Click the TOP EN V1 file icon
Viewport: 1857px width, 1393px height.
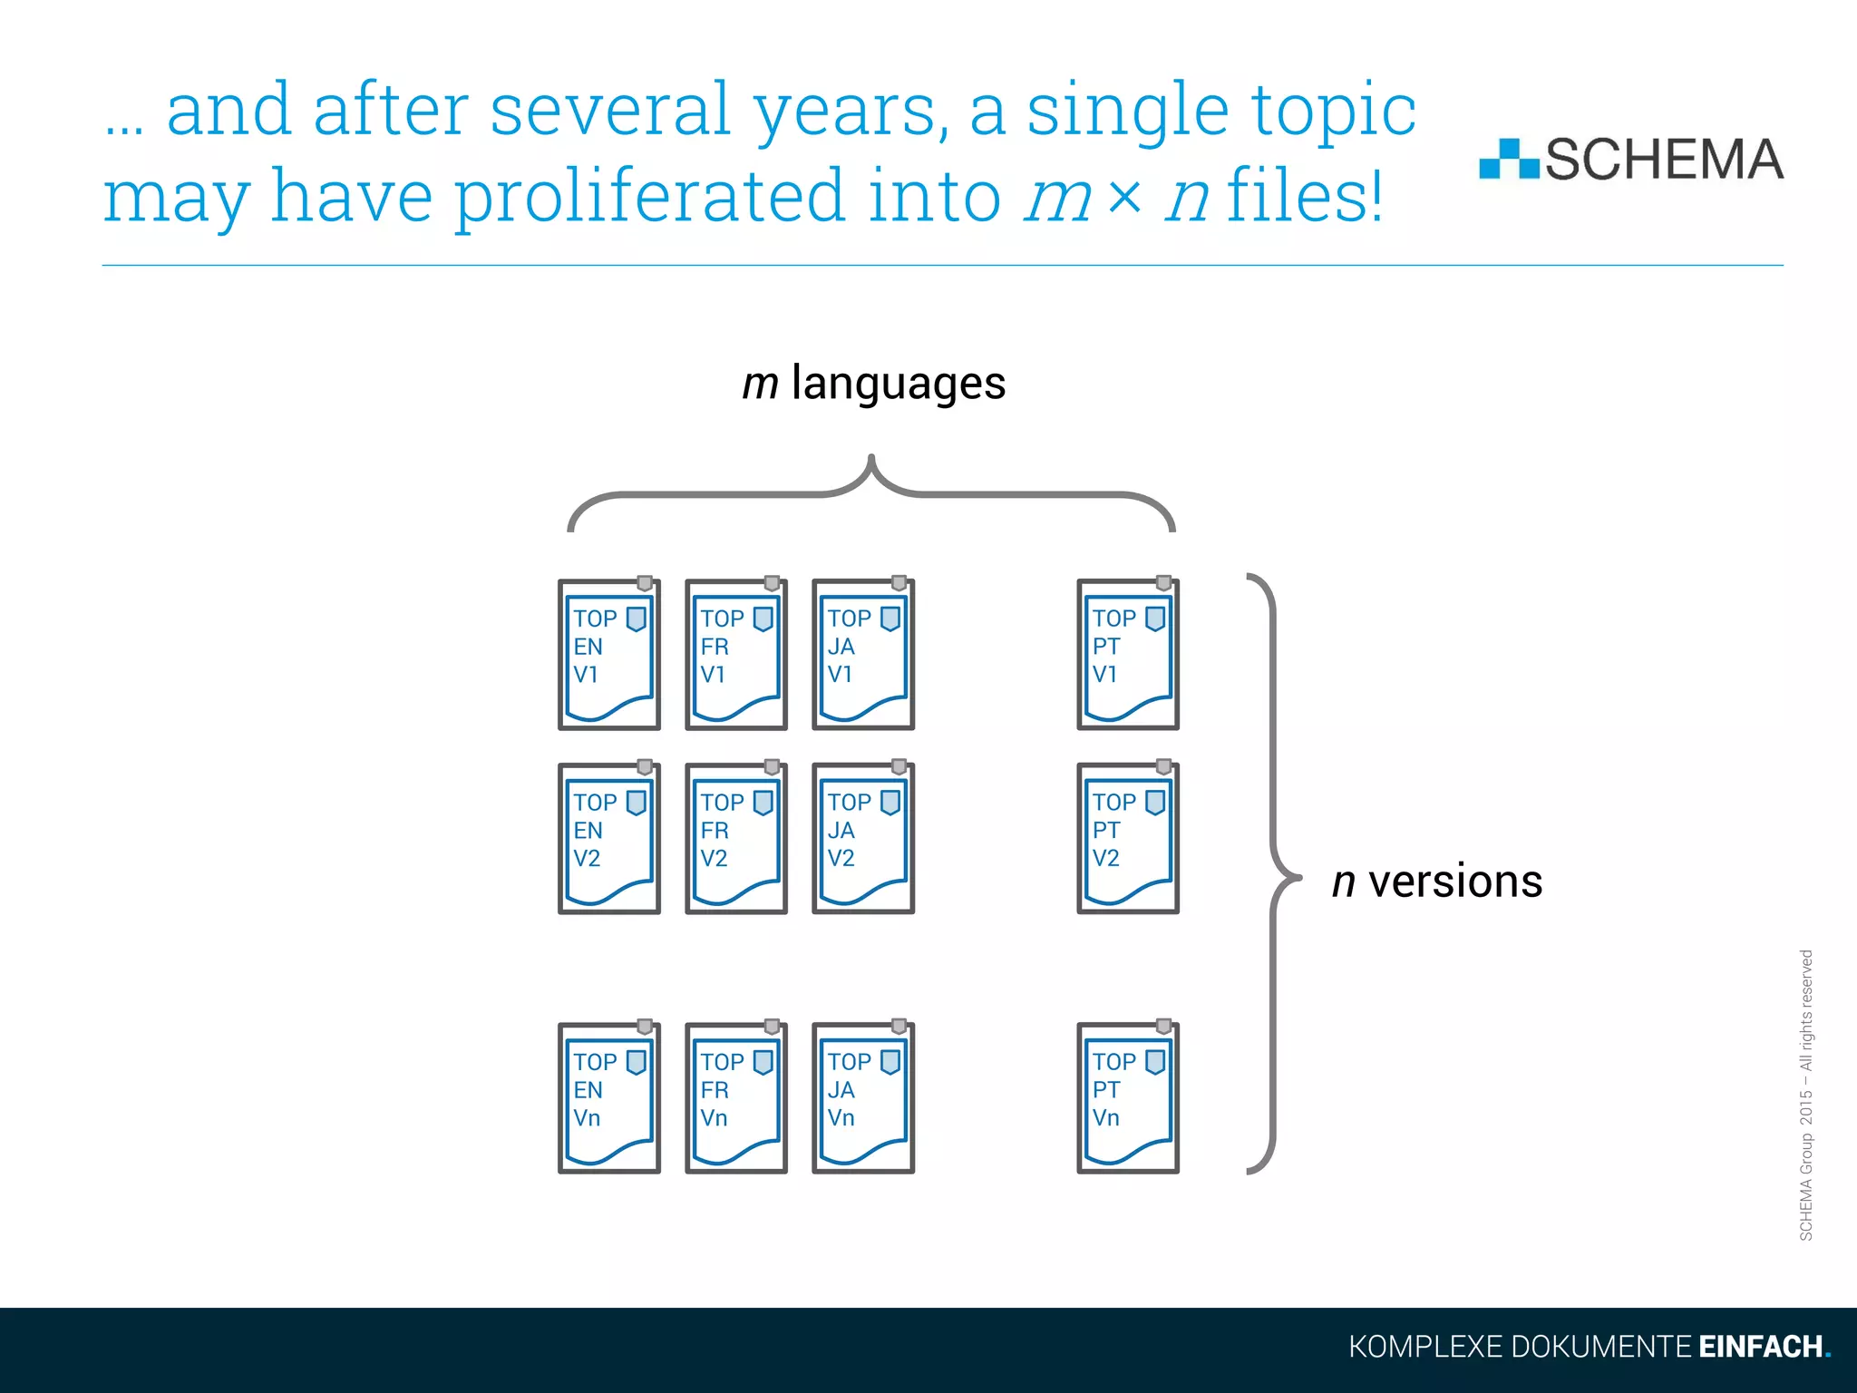pos(608,654)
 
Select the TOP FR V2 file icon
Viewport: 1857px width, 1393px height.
pos(735,838)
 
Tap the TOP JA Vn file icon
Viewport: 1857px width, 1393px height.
pos(862,1097)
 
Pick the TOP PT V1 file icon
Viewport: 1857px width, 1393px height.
pos(1127,654)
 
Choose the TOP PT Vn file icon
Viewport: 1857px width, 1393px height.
pos(1127,1097)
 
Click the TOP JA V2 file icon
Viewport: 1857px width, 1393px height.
pos(862,838)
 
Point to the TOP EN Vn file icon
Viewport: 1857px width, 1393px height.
pos(608,1097)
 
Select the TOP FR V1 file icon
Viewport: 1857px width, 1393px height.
pos(735,654)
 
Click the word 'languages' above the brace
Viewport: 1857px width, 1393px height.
pos(898,384)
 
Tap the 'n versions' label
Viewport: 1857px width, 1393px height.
pos(1436,882)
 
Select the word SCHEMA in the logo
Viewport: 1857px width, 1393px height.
pos(1663,160)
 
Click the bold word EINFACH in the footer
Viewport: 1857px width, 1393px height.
pos(1760,1347)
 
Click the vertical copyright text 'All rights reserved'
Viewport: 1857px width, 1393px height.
pos(1805,1009)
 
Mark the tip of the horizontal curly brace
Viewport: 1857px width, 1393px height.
pos(870,459)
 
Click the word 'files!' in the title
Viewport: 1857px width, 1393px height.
pos(1304,196)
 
